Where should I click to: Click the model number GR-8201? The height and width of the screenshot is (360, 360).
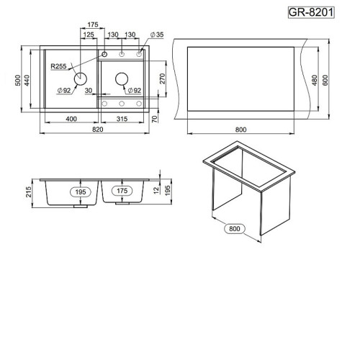point(311,12)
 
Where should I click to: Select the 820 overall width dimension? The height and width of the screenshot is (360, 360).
point(98,130)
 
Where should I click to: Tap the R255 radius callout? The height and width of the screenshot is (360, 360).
point(58,66)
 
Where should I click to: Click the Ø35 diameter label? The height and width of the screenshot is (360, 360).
point(157,35)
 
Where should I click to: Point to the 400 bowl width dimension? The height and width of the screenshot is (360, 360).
point(71,119)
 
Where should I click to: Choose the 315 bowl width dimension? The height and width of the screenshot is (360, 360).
point(122,119)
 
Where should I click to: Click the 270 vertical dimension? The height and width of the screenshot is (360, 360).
point(163,78)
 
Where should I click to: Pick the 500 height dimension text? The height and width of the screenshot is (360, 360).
point(18,81)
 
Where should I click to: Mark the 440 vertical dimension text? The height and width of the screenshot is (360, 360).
point(27,81)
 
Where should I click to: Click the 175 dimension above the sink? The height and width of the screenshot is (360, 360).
point(93,24)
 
